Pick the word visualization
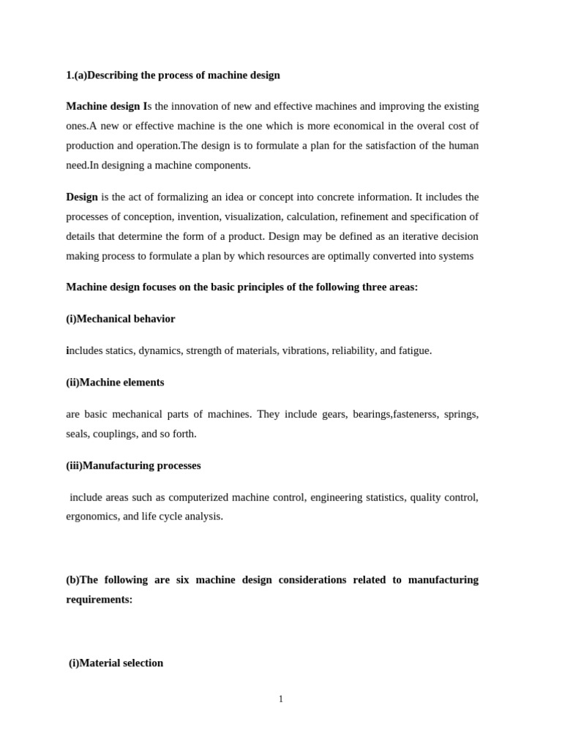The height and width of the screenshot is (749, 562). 253,217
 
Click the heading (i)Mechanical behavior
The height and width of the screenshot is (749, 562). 121,319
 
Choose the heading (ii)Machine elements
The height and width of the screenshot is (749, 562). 116,383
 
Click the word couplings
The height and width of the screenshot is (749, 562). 113,434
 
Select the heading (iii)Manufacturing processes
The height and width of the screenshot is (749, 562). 134,466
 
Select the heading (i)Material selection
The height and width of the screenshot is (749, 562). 116,663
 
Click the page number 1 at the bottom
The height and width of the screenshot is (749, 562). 281,699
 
